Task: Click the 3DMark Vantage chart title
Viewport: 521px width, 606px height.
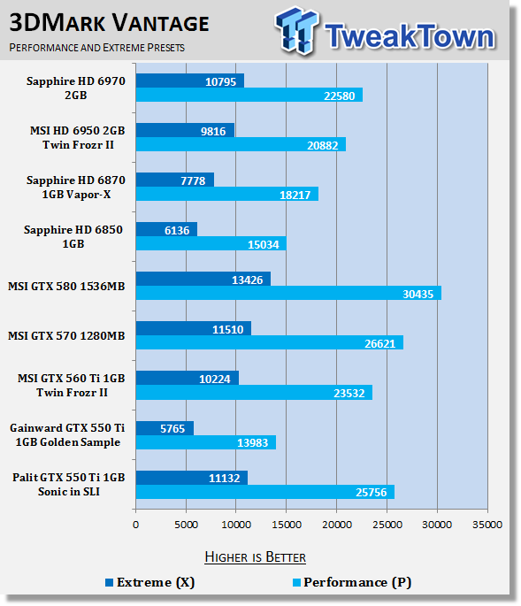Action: tap(109, 23)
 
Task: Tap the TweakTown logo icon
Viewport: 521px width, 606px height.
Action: tap(297, 30)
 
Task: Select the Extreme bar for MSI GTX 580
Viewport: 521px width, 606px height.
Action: tap(203, 279)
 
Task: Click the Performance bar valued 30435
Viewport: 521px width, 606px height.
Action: tap(288, 294)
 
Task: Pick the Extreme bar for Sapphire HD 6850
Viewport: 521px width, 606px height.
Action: tap(166, 229)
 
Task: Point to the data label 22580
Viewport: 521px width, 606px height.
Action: tap(339, 96)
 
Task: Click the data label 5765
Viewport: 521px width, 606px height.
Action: tap(172, 428)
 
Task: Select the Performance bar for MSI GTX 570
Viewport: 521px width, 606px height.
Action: tap(270, 342)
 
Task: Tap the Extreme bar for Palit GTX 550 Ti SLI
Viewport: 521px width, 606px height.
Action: tap(192, 478)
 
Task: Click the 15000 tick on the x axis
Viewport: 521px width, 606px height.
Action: tap(287, 525)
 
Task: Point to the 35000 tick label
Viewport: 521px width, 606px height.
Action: tap(487, 525)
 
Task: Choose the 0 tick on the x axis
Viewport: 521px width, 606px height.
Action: tap(135, 525)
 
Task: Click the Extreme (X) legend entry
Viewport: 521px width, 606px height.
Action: tap(150, 582)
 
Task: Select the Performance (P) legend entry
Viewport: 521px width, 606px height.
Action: tap(352, 582)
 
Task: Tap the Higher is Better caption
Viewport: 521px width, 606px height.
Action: tap(255, 557)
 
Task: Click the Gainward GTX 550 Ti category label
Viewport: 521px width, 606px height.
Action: tap(67, 434)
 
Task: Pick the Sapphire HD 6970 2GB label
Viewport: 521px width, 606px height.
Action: tap(76, 88)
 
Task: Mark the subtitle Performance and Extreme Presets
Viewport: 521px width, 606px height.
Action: tap(97, 48)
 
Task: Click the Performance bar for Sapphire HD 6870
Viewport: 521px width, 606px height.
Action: tap(227, 194)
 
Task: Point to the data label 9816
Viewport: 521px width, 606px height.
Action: tap(213, 132)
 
